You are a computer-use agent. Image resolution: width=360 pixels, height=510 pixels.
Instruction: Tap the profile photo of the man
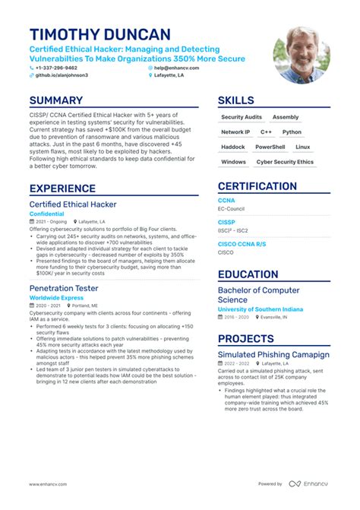(x=302, y=55)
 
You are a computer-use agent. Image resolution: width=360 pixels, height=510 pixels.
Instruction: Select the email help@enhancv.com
(x=177, y=68)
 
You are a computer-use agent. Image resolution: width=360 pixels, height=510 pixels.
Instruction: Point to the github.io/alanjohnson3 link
(x=62, y=75)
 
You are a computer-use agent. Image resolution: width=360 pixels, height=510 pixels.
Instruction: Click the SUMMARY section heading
(x=56, y=100)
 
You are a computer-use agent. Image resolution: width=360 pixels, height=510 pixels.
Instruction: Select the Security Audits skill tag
(x=241, y=117)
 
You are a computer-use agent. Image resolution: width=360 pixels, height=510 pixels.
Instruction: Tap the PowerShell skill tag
(x=270, y=147)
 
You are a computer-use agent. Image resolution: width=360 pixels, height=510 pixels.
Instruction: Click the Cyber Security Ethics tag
(x=285, y=162)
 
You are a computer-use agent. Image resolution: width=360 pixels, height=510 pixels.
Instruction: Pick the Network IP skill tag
(x=235, y=132)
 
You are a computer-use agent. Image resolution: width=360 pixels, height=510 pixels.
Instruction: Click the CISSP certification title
(x=226, y=223)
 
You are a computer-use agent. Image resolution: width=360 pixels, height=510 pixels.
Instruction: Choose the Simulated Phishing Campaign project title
(x=273, y=354)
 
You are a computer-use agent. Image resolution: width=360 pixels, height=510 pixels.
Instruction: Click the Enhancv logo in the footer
(x=308, y=483)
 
